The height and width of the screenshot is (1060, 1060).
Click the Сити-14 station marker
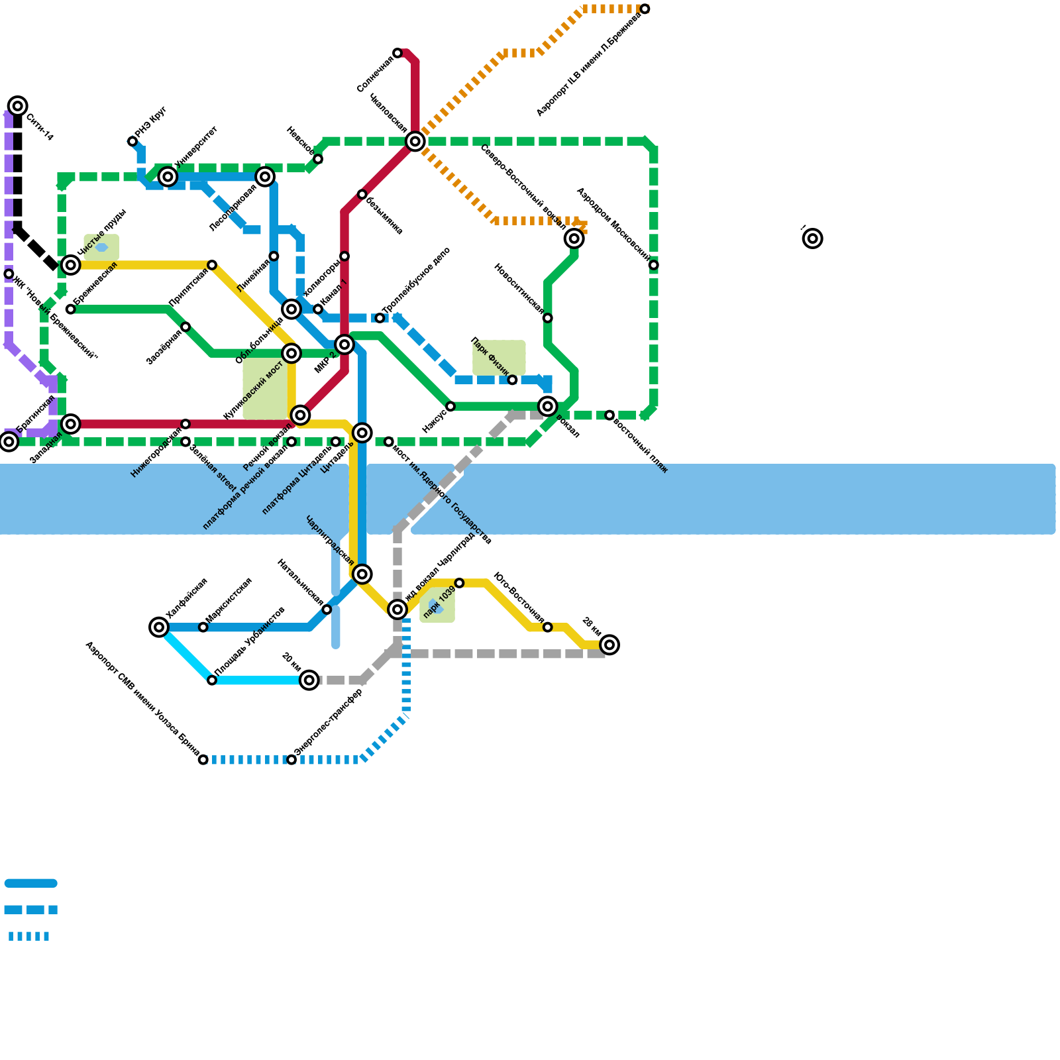[18, 106]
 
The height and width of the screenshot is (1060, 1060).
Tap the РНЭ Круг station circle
[132, 142]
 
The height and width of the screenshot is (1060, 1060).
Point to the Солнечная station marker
[397, 53]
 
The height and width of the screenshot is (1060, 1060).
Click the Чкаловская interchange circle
[415, 141]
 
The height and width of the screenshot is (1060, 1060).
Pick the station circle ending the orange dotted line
[645, 9]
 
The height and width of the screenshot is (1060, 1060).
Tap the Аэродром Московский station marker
[654, 265]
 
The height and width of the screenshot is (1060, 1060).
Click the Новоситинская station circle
[548, 318]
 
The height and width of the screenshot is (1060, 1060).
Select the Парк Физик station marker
[512, 380]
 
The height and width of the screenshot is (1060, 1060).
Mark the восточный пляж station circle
[609, 415]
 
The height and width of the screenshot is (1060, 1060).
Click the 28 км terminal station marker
[609, 645]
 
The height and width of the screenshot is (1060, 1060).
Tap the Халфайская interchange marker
[159, 627]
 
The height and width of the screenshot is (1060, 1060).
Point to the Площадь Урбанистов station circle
[212, 680]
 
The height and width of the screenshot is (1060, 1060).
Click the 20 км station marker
[309, 680]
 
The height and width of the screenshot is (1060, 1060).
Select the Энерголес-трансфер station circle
[291, 760]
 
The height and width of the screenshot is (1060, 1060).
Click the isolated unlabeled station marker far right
[813, 238]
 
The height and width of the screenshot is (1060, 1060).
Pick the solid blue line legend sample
[31, 883]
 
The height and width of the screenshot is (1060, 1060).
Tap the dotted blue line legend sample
[29, 936]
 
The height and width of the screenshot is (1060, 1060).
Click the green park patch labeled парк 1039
[438, 606]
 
